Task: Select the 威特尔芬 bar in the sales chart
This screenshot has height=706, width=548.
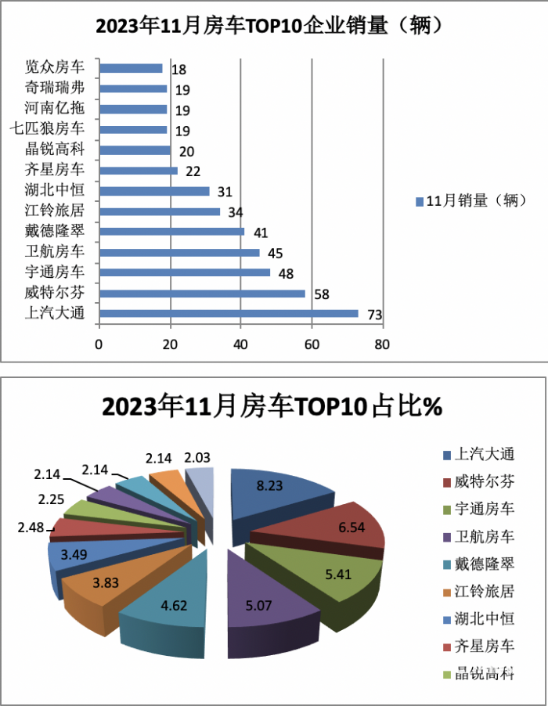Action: click(x=201, y=294)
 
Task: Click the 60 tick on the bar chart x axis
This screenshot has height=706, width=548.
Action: click(x=312, y=344)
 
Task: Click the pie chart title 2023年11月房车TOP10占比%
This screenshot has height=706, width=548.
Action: click(x=272, y=407)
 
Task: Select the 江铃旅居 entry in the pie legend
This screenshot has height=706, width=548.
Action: click(x=485, y=590)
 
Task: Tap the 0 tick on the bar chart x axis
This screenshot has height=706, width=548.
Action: click(x=99, y=344)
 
